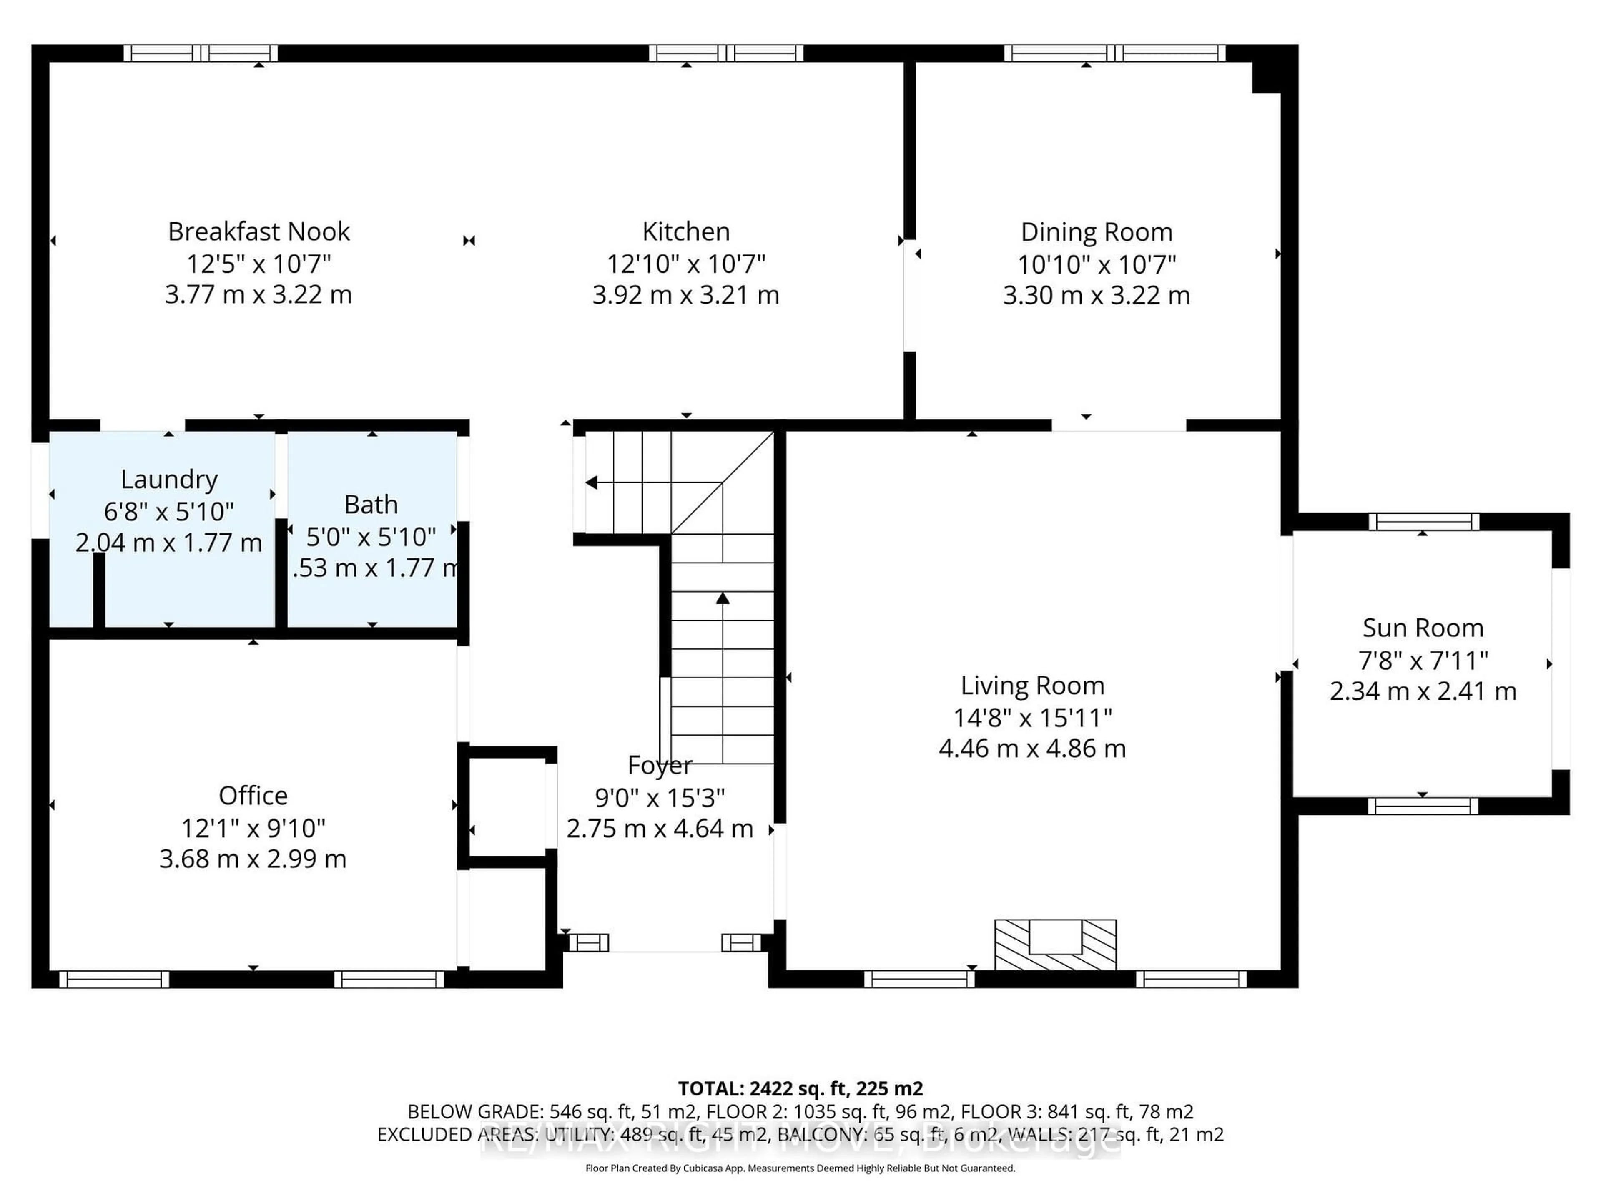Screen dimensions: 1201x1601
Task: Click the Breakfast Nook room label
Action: pos(258,232)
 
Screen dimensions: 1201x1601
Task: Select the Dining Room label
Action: pos(1096,232)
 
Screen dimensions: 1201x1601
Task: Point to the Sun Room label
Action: pos(1422,628)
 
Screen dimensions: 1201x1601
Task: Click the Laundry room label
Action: pos(168,479)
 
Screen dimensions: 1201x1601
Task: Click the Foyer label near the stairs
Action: pos(659,765)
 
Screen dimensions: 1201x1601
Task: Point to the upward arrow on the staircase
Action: pos(723,599)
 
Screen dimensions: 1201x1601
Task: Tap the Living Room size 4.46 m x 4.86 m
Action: pos(1032,748)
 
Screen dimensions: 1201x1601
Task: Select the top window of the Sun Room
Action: pos(1423,521)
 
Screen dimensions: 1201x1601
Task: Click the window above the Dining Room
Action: pos(1114,53)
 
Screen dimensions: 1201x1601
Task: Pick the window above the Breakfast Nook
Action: pos(201,53)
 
